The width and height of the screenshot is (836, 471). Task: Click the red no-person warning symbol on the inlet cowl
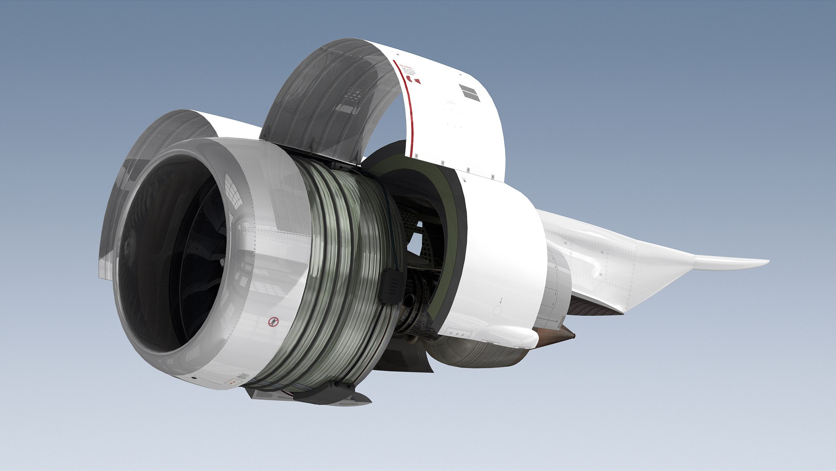(273, 322)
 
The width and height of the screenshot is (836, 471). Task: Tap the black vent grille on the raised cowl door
(469, 92)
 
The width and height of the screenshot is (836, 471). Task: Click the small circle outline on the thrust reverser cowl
(497, 311)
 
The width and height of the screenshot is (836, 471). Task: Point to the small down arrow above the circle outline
(501, 300)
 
